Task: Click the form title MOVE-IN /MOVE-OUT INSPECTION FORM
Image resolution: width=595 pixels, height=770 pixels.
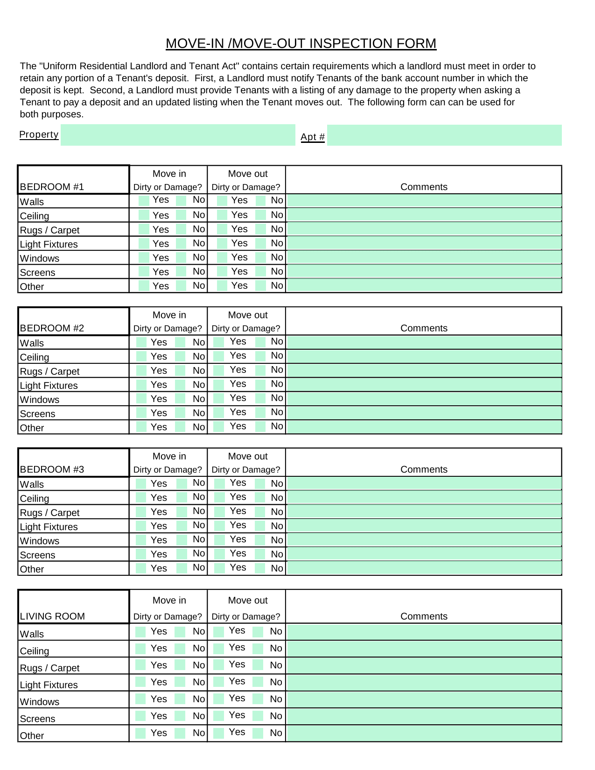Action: pos(301,43)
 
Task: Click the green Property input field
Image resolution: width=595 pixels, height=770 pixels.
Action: pos(178,135)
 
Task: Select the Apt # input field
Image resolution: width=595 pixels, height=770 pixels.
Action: pos(444,135)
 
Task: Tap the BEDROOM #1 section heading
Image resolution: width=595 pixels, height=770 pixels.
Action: pos(52,187)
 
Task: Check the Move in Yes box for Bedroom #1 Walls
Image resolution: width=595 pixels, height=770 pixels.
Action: pos(144,201)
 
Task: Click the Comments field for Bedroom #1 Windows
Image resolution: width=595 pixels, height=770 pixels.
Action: pos(423,257)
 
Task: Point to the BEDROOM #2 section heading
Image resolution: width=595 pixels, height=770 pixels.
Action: pos(52,328)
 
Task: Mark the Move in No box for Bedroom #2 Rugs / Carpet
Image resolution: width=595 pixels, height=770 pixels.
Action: pos(181,371)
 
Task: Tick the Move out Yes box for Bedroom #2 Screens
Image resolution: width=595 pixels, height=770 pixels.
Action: pos(218,413)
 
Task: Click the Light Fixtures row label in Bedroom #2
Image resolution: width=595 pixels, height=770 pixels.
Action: pos(49,386)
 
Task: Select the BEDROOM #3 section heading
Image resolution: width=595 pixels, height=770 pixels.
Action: pos(52,469)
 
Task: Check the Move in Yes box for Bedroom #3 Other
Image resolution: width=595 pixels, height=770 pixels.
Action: pos(141,568)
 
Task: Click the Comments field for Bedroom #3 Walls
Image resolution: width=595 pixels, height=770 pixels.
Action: pos(423,483)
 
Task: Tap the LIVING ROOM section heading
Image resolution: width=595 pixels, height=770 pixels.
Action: pos(52,616)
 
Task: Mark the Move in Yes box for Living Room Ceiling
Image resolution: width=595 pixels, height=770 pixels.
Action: pos(140,649)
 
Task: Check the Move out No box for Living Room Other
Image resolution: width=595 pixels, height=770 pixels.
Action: pos(258,733)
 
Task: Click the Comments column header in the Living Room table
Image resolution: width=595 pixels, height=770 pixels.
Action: pos(424,616)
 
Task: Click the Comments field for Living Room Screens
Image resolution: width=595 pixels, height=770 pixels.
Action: pos(423,716)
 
